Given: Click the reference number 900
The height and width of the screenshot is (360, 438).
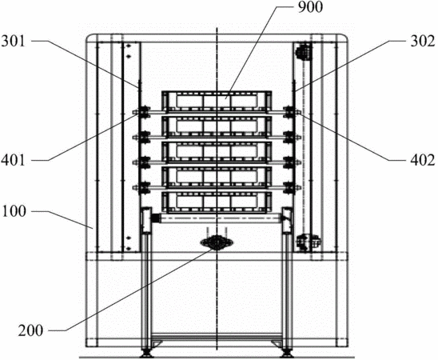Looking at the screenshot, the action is click(x=310, y=7).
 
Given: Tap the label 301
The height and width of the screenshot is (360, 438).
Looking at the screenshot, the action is click(x=13, y=42).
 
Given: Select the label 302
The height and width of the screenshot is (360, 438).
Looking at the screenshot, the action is click(x=423, y=42).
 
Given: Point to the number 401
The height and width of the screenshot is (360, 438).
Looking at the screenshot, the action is click(x=13, y=161).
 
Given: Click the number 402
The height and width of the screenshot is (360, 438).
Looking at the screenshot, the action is click(x=423, y=161).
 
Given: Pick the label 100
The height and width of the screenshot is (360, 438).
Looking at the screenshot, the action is click(x=14, y=211).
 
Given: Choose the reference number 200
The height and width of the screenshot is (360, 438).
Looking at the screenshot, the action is click(x=31, y=330).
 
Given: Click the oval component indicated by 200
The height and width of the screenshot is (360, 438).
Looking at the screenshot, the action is click(x=217, y=243).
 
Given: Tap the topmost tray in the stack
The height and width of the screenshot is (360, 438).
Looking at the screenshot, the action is click(x=217, y=100).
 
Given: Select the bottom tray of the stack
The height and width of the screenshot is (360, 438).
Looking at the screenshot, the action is click(x=217, y=202).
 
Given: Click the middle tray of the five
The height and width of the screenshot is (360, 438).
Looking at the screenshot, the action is click(x=217, y=151).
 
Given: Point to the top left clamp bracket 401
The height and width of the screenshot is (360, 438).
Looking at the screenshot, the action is click(x=142, y=112).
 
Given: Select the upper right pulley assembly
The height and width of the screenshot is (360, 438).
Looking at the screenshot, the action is click(x=304, y=51).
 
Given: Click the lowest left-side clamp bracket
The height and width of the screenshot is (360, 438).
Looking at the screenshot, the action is click(x=142, y=187).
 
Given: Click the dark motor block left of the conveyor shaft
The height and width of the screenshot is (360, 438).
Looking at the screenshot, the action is click(x=156, y=218).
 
